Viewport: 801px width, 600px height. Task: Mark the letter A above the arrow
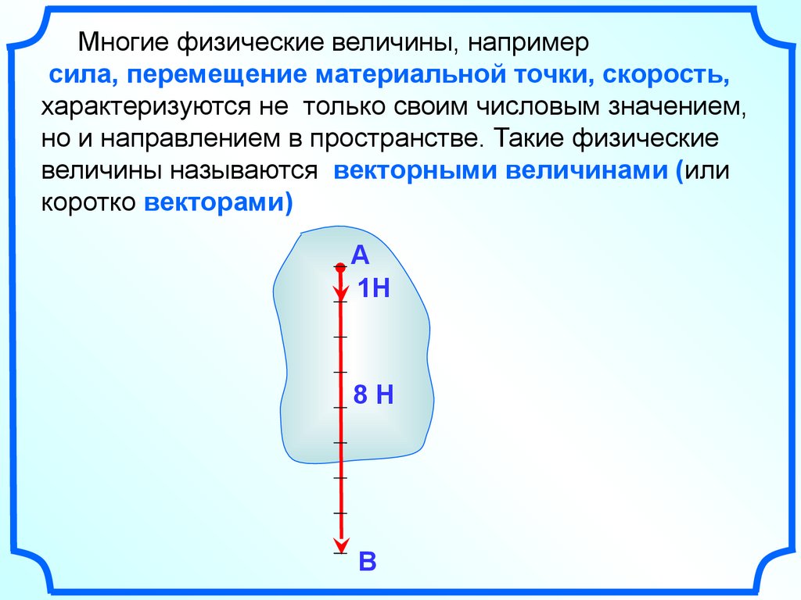[x=359, y=255]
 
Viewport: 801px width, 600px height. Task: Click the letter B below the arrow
[x=368, y=562]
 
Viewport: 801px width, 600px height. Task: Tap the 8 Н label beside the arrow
[x=372, y=395]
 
